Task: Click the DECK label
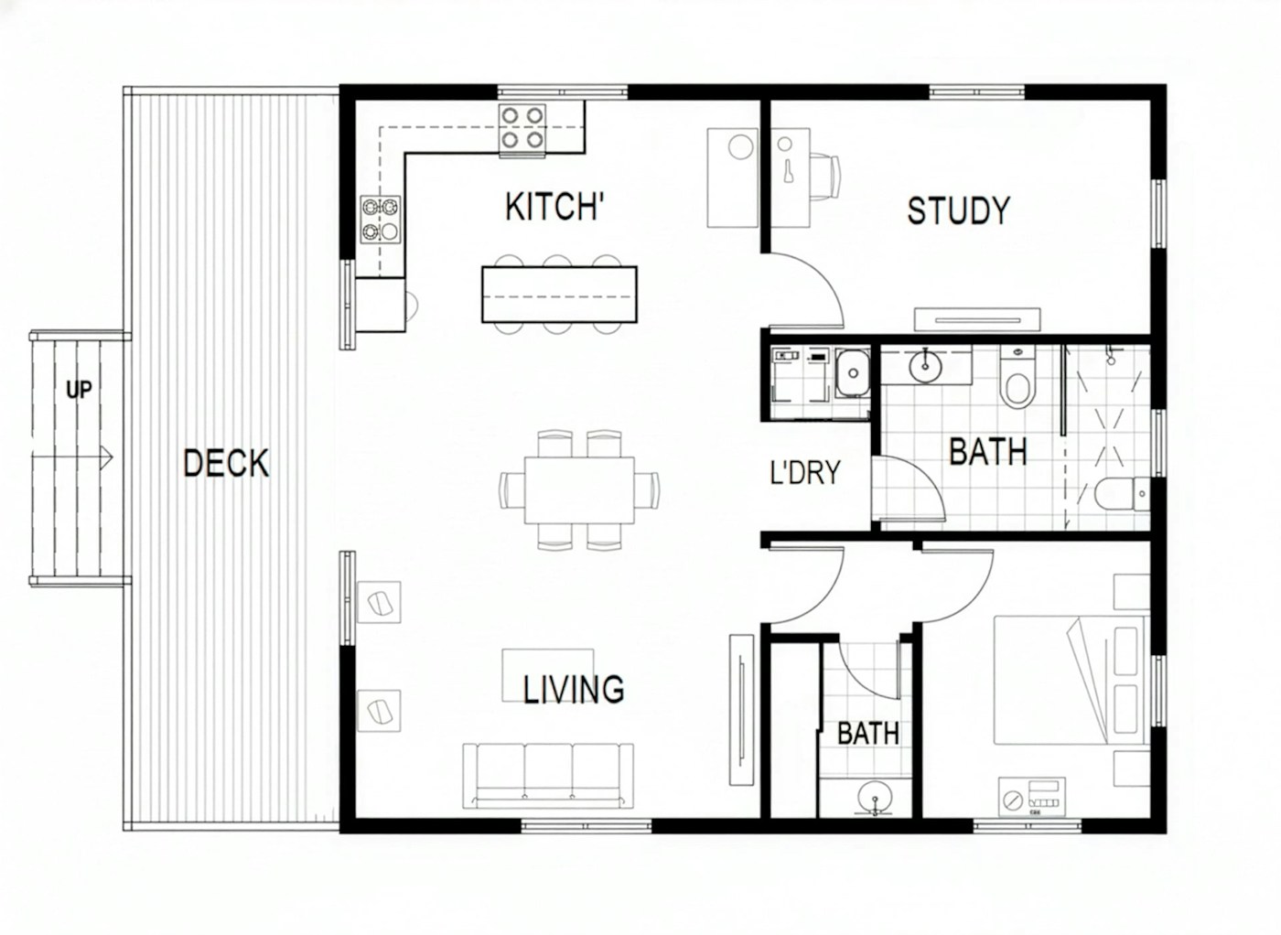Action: click(226, 463)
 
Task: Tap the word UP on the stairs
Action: click(79, 390)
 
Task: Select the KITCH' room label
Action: click(554, 207)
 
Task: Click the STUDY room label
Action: click(958, 210)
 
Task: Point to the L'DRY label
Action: click(804, 473)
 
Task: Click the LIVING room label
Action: click(574, 689)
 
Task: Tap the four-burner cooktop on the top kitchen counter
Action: click(522, 127)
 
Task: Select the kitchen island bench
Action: click(559, 295)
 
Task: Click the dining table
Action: click(579, 489)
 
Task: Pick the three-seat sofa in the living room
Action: click(548, 775)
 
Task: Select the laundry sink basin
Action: click(852, 373)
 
